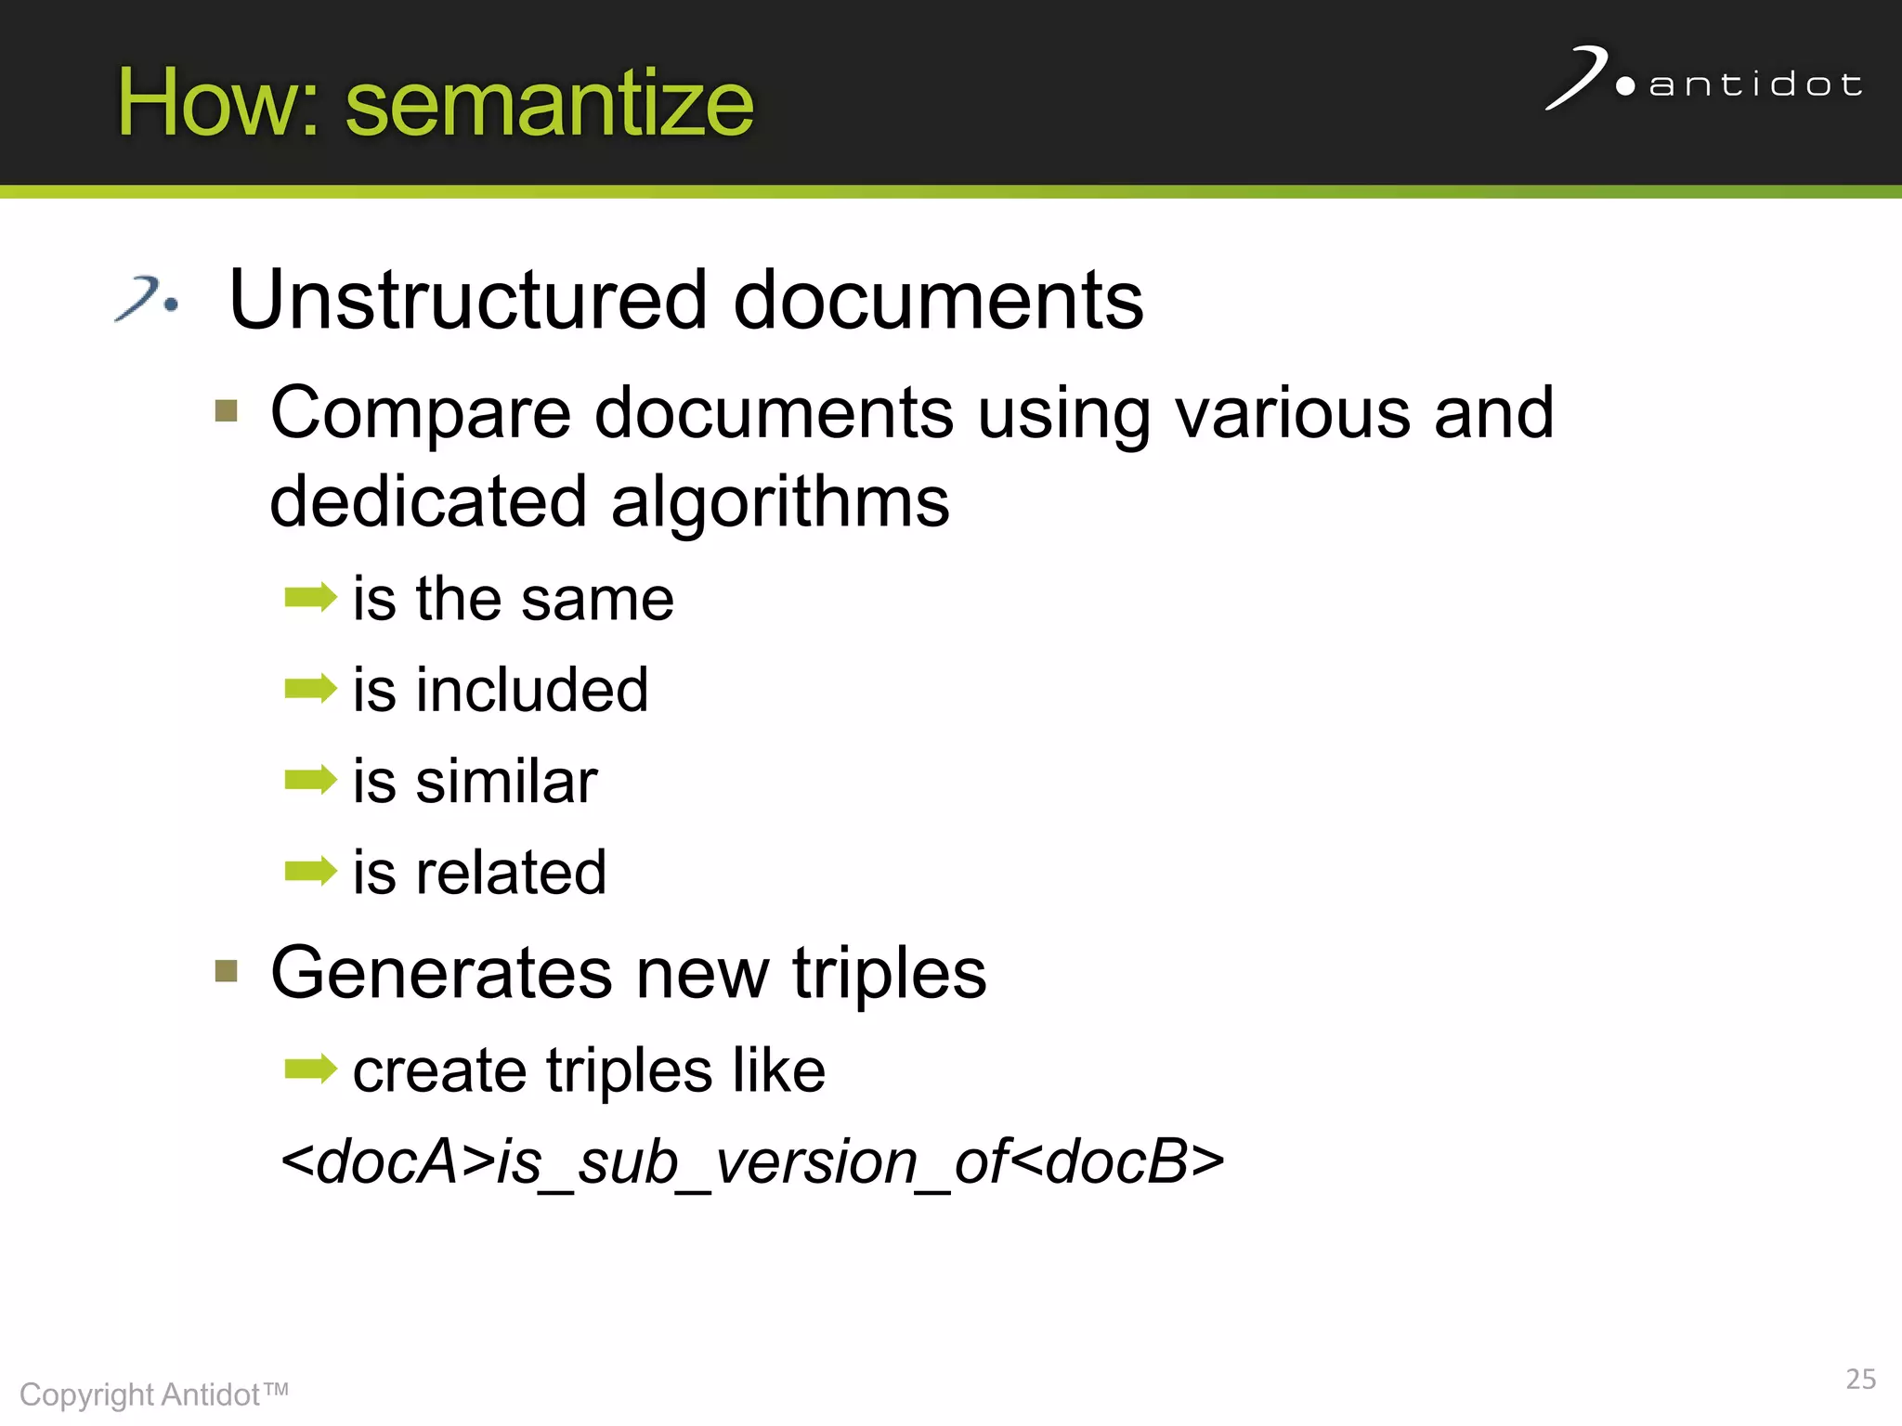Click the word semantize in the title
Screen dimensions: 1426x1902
[549, 104]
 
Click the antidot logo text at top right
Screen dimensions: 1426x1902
[1755, 85]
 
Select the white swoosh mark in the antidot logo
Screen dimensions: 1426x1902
[1577, 77]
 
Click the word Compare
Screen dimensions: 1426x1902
[420, 413]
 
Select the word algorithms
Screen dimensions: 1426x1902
[780, 502]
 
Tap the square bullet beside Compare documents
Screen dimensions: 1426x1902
[226, 410]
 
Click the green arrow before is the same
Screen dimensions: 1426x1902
[310, 597]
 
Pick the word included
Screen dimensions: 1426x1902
[531, 690]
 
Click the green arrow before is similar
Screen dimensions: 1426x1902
[310, 780]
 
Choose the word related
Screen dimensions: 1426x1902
[511, 873]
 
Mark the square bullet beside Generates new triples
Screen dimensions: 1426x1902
[226, 971]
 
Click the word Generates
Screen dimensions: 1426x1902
[441, 973]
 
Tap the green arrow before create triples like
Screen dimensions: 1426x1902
[310, 1069]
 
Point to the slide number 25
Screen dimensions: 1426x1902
[1860, 1379]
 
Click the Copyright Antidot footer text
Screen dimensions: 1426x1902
[153, 1394]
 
